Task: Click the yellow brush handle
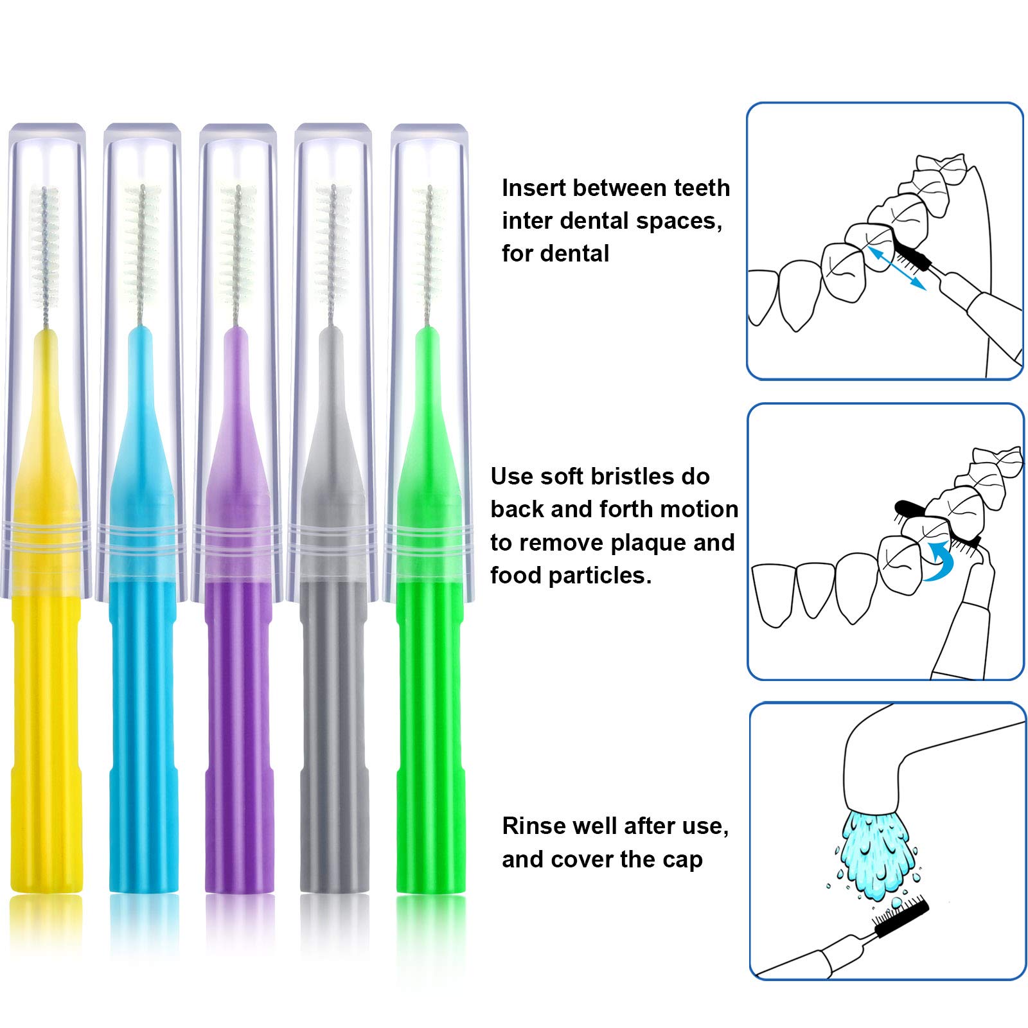click(47, 642)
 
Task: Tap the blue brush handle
click(142, 642)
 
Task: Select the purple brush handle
click(238, 642)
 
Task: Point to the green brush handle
click(429, 642)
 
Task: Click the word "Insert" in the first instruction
click(533, 188)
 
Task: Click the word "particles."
click(598, 576)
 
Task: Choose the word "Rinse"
click(532, 826)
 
